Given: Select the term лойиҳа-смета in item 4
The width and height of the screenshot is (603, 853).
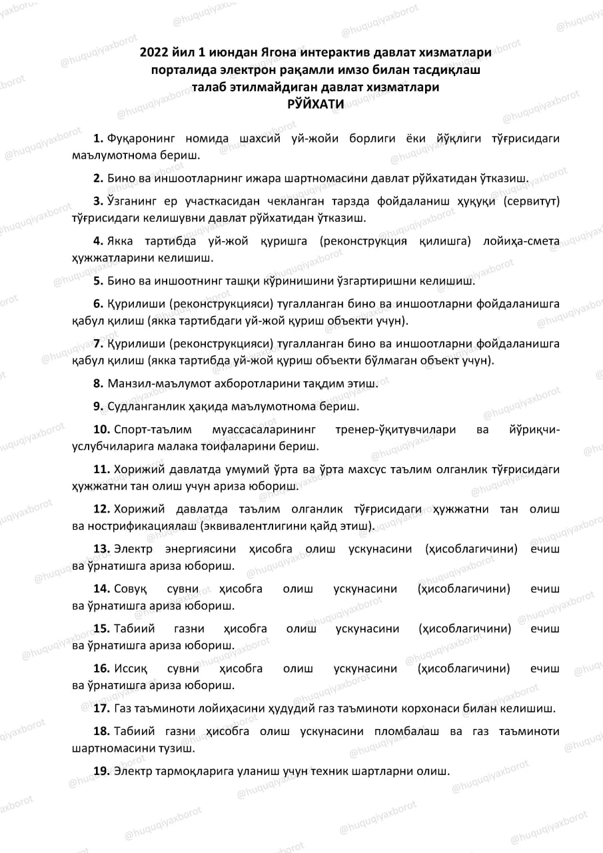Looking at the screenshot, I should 524,241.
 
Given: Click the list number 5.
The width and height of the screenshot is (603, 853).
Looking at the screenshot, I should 97,281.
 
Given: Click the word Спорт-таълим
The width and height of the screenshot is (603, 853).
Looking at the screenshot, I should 147,430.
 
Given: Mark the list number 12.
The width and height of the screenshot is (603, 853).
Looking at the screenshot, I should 101,509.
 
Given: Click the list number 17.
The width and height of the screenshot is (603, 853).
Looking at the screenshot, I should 101,708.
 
